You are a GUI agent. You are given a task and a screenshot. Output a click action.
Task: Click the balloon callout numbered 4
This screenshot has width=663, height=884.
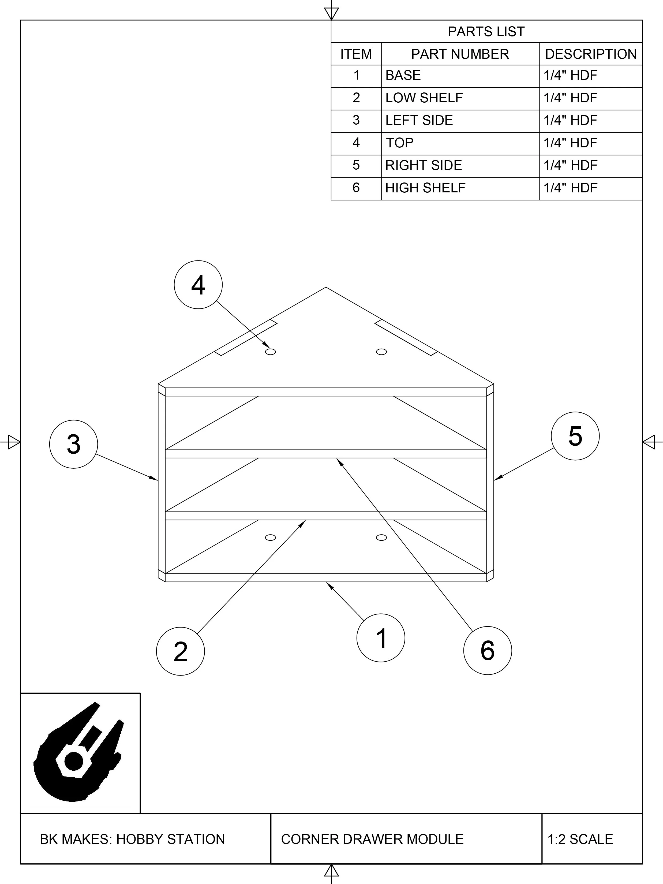tap(198, 285)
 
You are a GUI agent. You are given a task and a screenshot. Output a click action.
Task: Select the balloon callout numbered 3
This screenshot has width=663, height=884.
tap(73, 444)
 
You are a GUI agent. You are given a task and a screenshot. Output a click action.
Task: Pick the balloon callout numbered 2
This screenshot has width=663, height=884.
tap(181, 651)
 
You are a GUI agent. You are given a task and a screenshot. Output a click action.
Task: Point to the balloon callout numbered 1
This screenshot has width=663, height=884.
tap(381, 638)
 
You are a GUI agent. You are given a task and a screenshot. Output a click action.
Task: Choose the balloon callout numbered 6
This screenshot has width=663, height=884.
tap(487, 650)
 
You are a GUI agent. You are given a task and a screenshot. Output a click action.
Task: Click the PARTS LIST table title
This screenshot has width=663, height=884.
tap(486, 32)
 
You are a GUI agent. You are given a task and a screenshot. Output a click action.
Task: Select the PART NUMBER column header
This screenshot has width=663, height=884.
tap(460, 54)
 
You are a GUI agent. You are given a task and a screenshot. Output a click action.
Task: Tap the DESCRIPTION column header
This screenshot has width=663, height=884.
tap(591, 54)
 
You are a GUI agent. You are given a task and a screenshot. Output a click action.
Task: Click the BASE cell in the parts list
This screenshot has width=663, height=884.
tap(403, 76)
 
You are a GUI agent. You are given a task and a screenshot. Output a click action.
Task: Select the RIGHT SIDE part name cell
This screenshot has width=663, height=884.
tap(423, 165)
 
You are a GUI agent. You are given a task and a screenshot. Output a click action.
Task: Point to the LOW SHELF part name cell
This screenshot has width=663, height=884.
tap(424, 98)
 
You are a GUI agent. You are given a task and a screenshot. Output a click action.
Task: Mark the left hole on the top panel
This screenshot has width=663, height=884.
tap(270, 352)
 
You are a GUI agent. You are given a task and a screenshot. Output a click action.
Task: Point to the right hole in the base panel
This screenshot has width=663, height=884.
tap(381, 538)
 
